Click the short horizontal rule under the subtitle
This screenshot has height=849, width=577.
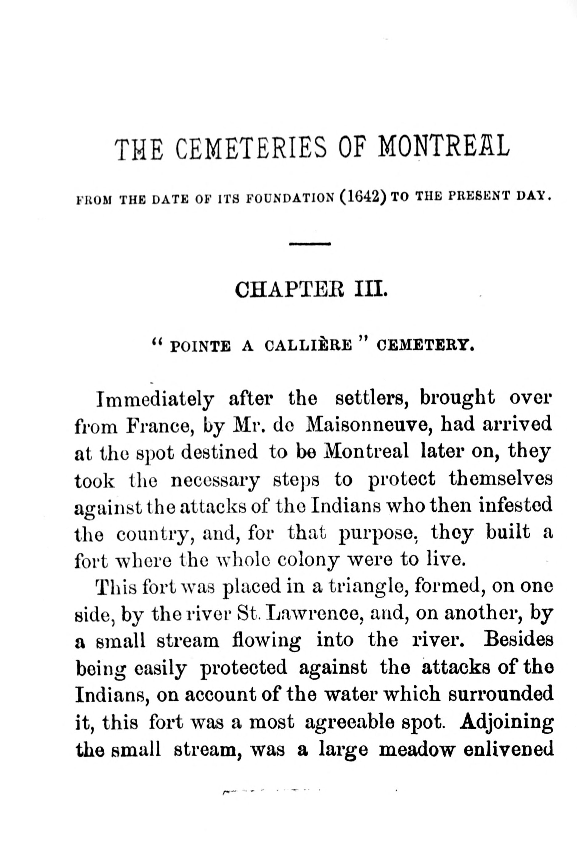click(x=310, y=244)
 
